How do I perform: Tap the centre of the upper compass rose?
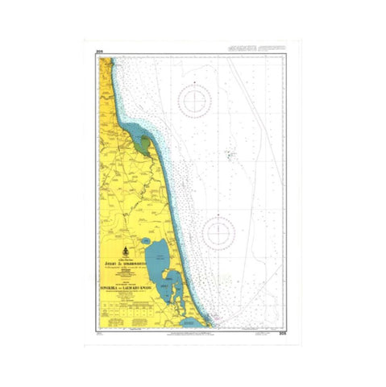coord(195,102)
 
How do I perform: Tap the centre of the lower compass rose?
coord(218,233)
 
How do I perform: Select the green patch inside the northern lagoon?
coord(145,148)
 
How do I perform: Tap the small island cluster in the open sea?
coord(230,153)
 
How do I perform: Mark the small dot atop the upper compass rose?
coord(195,82)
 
